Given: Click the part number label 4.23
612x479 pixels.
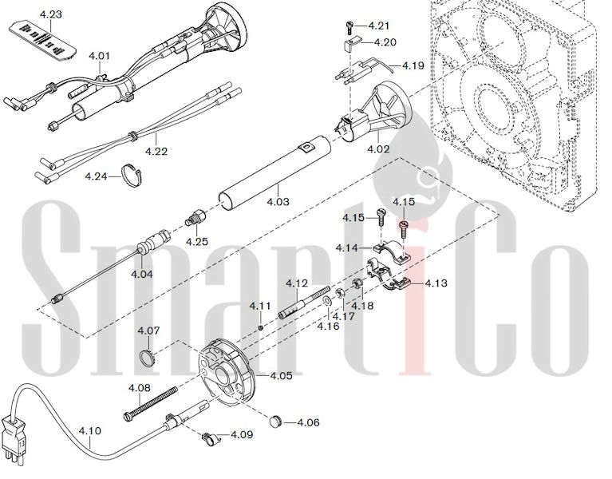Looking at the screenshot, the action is click(51, 15).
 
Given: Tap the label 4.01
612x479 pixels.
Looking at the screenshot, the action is click(99, 56).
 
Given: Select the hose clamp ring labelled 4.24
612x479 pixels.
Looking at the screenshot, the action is click(132, 175).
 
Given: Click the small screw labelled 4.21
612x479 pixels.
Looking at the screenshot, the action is click(349, 27).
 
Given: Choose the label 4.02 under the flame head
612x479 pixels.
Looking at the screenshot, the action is click(378, 149).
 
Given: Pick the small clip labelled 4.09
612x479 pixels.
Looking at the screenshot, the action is click(211, 439).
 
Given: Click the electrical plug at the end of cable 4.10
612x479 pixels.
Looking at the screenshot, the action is click(11, 442).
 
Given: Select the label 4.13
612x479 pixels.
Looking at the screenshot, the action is click(436, 283).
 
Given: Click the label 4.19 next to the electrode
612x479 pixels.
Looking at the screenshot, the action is click(413, 65).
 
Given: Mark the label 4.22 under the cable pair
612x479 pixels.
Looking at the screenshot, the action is click(156, 151).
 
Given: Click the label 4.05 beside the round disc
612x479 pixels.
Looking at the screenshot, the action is click(281, 375).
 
